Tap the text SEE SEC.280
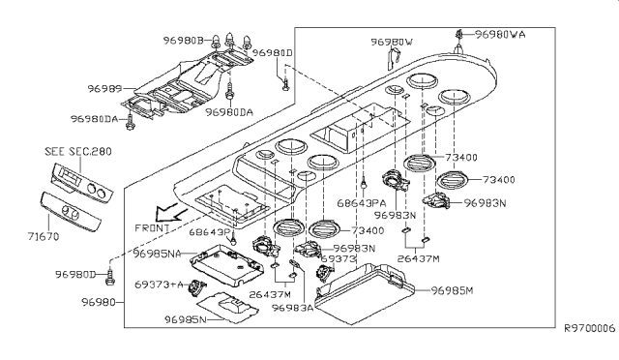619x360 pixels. click(x=76, y=151)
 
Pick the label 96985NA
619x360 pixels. click(x=156, y=254)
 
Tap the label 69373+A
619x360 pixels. click(x=156, y=285)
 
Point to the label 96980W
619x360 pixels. click(x=393, y=42)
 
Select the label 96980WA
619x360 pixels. click(x=501, y=35)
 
